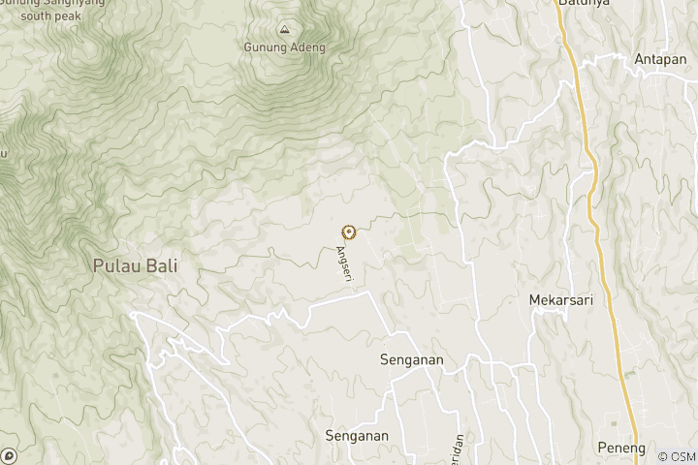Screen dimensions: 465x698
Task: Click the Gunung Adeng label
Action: tap(285, 47)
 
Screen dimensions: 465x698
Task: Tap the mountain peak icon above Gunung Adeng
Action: tap(284, 29)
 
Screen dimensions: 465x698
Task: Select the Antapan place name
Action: tap(660, 59)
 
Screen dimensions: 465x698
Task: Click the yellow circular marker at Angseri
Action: tap(348, 232)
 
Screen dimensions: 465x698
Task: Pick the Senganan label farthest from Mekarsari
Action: tap(357, 436)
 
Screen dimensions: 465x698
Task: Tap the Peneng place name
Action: tap(621, 449)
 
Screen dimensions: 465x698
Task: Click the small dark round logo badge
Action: tap(9, 455)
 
